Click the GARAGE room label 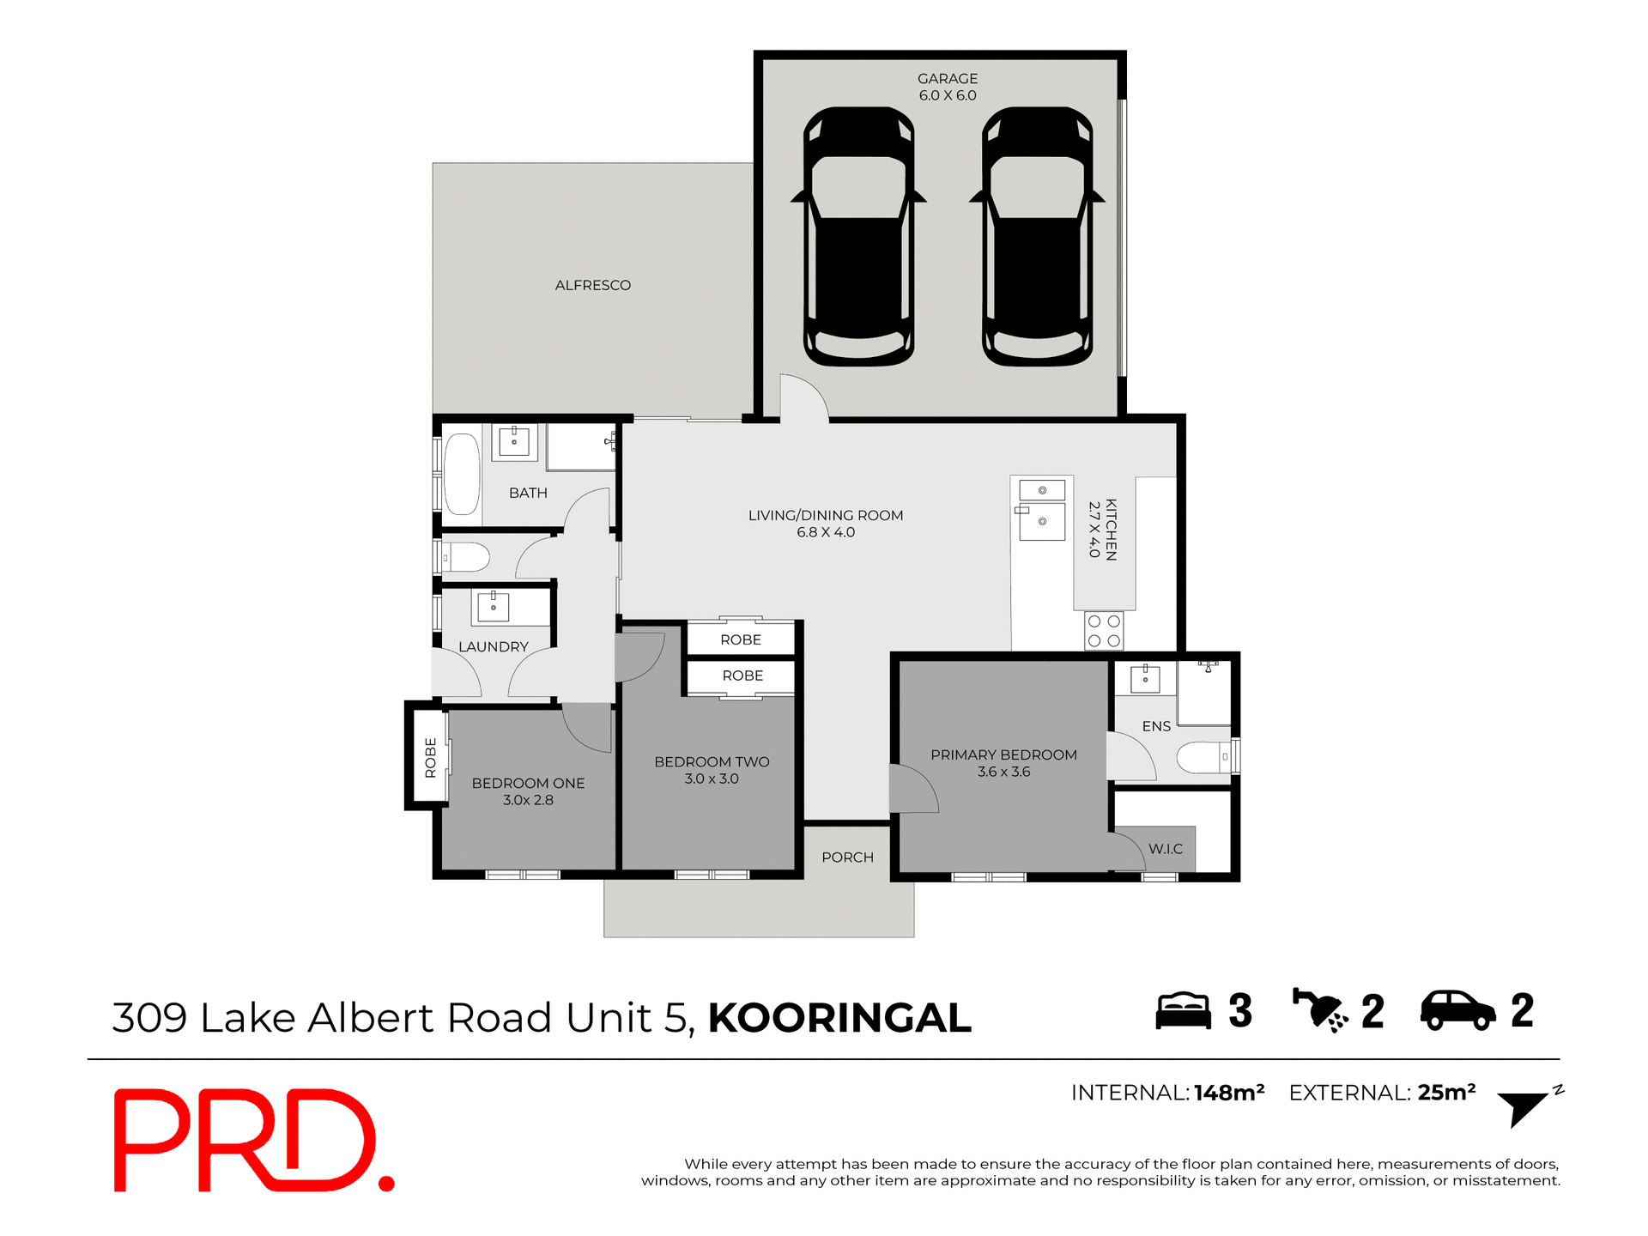pyautogui.click(x=948, y=79)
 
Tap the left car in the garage pyautogui.click(x=858, y=236)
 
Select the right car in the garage pyautogui.click(x=1037, y=236)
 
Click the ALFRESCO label pyautogui.click(x=592, y=285)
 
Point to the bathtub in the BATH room pyautogui.click(x=462, y=474)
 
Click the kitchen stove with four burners pyautogui.click(x=1104, y=630)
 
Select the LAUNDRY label pyautogui.click(x=493, y=647)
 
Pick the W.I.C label pyautogui.click(x=1166, y=849)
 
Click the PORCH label pyautogui.click(x=847, y=857)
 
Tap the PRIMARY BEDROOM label pyautogui.click(x=1003, y=755)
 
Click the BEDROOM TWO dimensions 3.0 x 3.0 pyautogui.click(x=712, y=779)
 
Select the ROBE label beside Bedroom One pyautogui.click(x=431, y=757)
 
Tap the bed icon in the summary pyautogui.click(x=1182, y=1011)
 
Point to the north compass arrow pyautogui.click(x=1524, y=1107)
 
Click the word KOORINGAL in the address pyautogui.click(x=839, y=1018)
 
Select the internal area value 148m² pyautogui.click(x=1229, y=1093)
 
